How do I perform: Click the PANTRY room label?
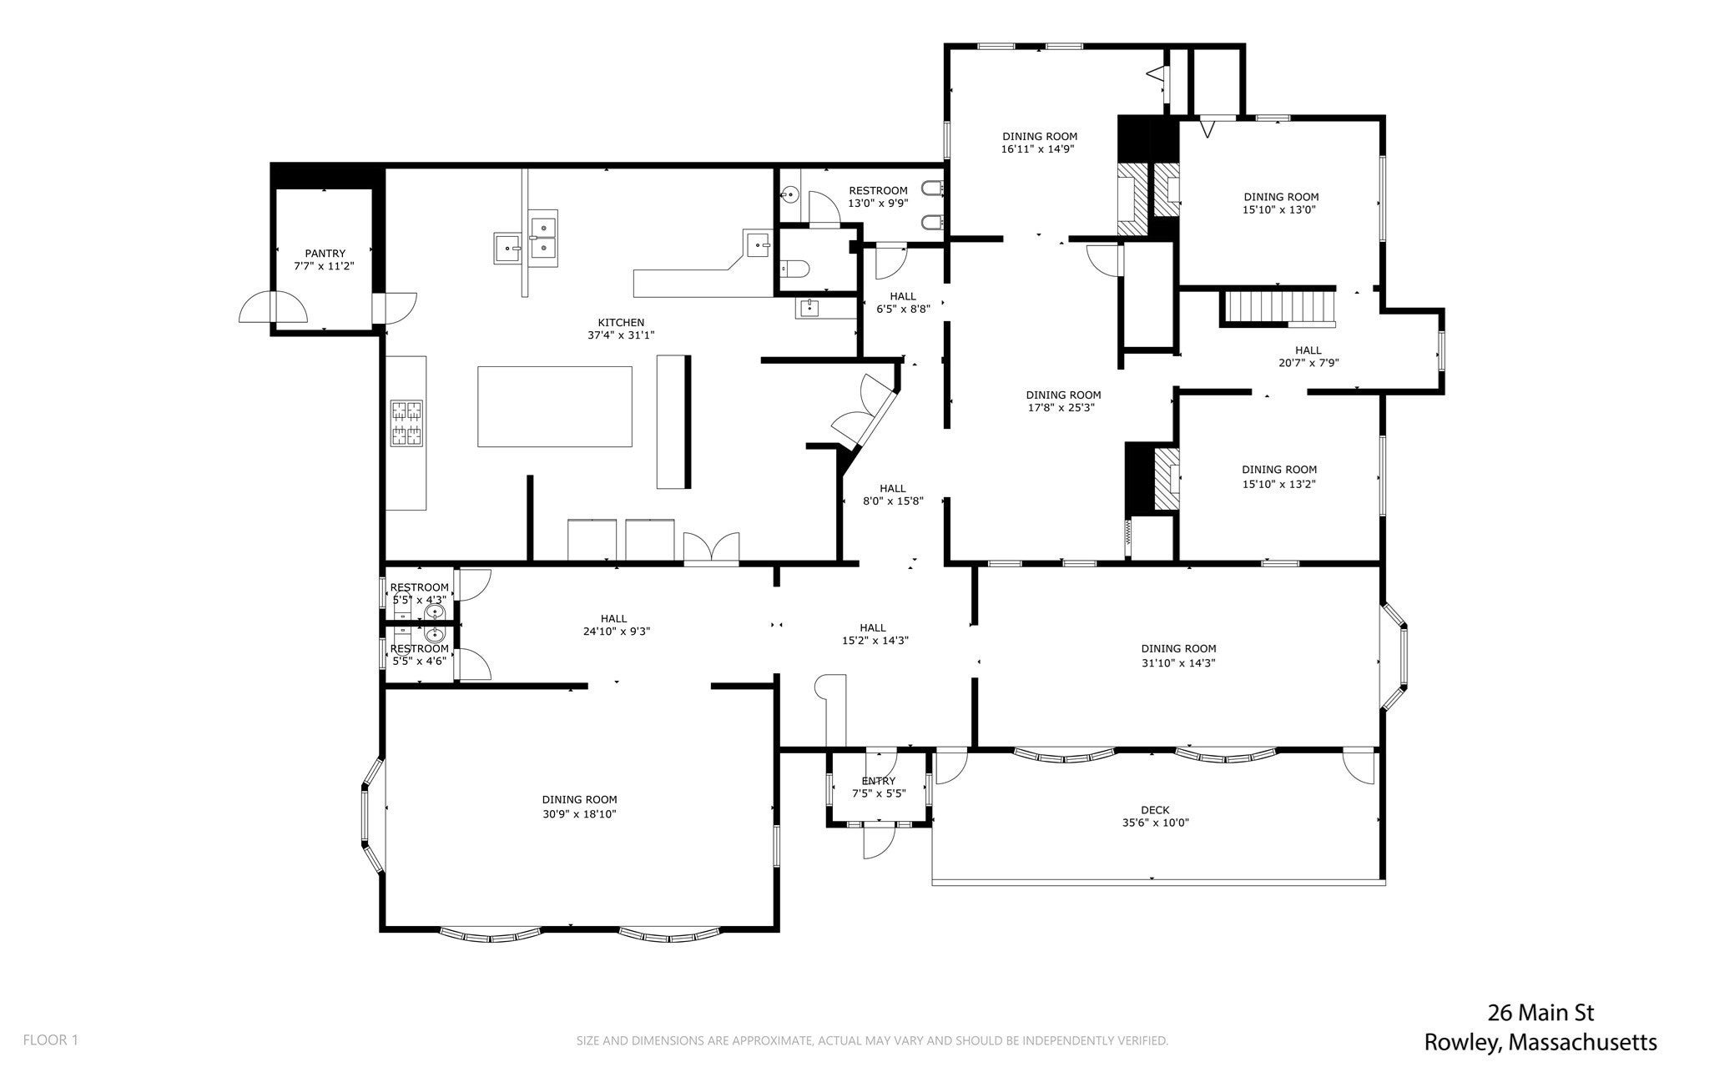(325, 254)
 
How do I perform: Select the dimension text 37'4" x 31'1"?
(621, 336)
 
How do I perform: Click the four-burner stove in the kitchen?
(407, 423)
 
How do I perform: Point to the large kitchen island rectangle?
(555, 406)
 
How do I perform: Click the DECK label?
(1155, 810)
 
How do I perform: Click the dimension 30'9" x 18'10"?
(579, 814)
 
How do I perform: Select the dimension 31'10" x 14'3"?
(1178, 663)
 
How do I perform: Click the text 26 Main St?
(1540, 1014)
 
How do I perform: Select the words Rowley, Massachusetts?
(1540, 1043)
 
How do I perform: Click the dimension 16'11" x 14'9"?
(1039, 150)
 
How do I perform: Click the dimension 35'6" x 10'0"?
(1155, 823)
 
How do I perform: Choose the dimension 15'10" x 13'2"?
(1278, 484)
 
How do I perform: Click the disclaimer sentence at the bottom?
(872, 1040)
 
